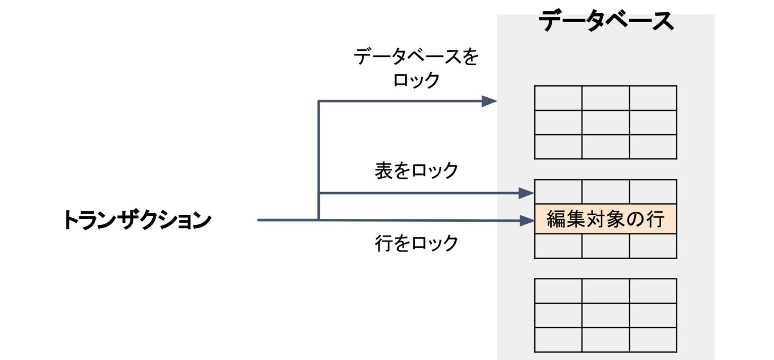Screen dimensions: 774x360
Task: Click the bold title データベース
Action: click(x=606, y=21)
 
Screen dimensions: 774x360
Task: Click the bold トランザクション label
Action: click(x=137, y=220)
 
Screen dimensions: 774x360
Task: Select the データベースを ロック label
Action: click(x=416, y=68)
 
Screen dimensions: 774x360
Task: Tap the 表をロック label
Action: click(x=416, y=170)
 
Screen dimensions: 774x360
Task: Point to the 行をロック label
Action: click(x=416, y=243)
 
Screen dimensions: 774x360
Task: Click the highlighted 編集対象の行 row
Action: click(x=605, y=219)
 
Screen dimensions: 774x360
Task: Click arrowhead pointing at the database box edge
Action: click(x=489, y=101)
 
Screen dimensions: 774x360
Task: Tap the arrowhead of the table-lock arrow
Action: click(x=526, y=193)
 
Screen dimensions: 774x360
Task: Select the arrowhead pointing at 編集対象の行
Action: click(x=527, y=220)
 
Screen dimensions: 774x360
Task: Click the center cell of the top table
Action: click(x=605, y=123)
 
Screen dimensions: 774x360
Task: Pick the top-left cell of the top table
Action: click(x=558, y=98)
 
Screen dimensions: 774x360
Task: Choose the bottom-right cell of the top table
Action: click(x=653, y=147)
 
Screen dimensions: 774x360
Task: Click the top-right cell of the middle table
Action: click(x=653, y=192)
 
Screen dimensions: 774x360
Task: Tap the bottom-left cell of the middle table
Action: click(x=558, y=246)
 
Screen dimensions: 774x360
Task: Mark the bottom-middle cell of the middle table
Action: click(x=605, y=246)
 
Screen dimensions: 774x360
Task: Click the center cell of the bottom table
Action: click(x=605, y=315)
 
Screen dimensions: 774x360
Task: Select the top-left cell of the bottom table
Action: click(x=558, y=291)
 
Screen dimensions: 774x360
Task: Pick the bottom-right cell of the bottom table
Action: click(x=653, y=340)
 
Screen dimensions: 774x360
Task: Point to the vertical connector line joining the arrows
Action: click(x=318, y=160)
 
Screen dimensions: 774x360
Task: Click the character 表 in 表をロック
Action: click(x=383, y=170)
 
